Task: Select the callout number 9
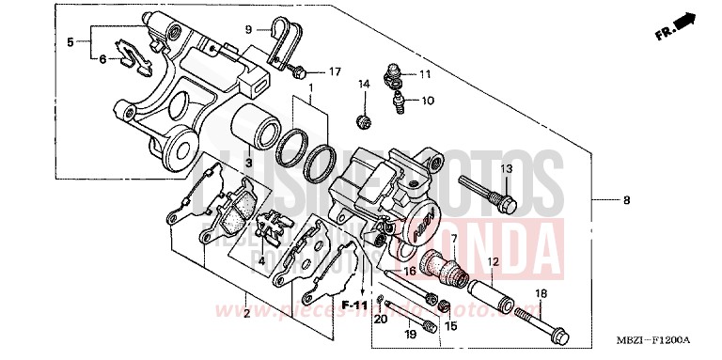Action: [x=249, y=30]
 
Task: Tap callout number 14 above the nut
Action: [x=364, y=86]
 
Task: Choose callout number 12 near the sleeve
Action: [x=493, y=261]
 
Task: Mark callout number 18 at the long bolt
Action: [x=541, y=295]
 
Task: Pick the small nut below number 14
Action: [x=362, y=120]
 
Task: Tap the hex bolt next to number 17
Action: [x=300, y=70]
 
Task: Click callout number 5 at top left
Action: [x=70, y=41]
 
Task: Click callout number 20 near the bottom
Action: [x=380, y=321]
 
